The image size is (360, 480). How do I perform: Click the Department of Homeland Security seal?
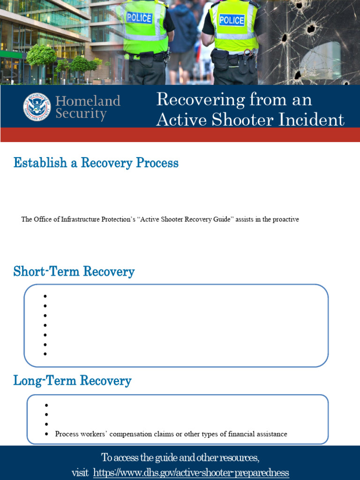click(37, 107)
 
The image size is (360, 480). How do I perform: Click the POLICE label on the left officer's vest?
click(140, 18)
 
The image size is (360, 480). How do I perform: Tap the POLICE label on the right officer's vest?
click(232, 20)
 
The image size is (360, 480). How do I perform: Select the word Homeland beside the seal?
click(88, 101)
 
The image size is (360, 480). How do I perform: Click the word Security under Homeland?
click(81, 114)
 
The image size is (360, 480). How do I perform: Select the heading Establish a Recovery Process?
click(96, 163)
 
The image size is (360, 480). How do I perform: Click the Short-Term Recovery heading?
click(74, 272)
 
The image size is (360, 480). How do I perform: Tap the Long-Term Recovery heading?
click(72, 381)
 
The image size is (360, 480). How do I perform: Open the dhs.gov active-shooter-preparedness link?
click(191, 472)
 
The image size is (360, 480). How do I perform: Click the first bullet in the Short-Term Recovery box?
click(45, 296)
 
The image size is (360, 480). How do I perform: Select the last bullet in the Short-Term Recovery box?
click(45, 354)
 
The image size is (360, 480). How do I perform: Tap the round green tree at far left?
click(41, 55)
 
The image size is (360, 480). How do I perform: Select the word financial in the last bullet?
click(242, 434)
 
